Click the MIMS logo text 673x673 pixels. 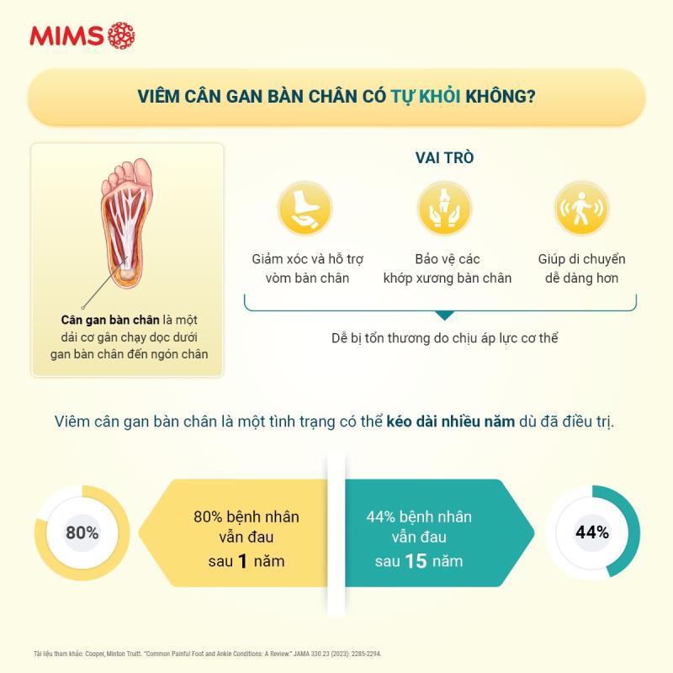tap(66, 36)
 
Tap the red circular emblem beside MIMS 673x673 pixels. tap(121, 35)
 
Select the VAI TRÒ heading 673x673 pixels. tap(444, 158)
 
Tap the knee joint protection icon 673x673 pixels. tap(444, 208)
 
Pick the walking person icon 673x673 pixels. tap(581, 208)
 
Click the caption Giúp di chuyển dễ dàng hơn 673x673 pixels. tap(581, 268)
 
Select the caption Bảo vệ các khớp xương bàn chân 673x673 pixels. tap(447, 268)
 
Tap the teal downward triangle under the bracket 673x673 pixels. tap(444, 315)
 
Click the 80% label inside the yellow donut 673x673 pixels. tap(82, 533)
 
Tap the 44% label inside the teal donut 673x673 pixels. tap(592, 533)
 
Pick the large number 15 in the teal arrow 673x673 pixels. tap(416, 561)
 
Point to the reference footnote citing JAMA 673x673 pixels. tap(207, 653)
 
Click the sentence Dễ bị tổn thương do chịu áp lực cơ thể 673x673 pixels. tap(444, 338)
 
